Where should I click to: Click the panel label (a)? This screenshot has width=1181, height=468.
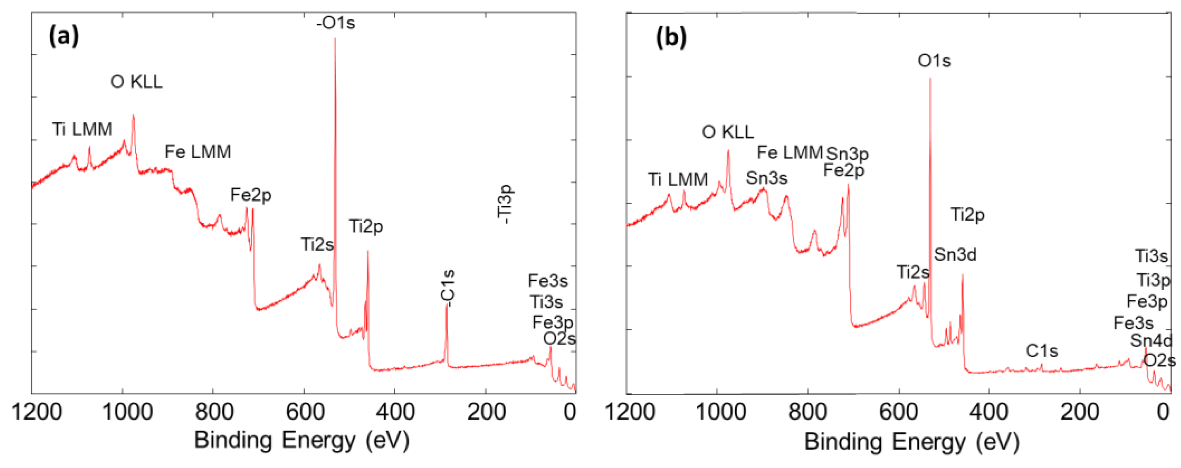coord(63,35)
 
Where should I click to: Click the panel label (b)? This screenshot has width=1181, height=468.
coord(671,37)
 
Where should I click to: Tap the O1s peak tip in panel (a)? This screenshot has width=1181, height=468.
coord(335,38)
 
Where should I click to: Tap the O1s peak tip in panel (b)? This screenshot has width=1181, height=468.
coord(930,79)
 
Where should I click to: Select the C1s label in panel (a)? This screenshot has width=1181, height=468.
coord(449,288)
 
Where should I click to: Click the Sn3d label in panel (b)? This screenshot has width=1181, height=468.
coord(955,254)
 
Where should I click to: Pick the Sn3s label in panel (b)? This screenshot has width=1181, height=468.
coord(766,178)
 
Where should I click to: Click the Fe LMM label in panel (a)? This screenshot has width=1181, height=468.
coord(198,152)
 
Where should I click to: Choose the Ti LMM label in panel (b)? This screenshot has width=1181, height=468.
coord(678,179)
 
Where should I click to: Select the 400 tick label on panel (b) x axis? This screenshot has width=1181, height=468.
coord(989,411)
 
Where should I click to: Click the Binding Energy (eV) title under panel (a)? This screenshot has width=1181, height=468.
coord(301,440)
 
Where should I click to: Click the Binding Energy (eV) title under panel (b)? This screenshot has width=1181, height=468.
coord(912,442)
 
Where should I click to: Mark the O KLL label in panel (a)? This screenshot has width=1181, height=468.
coord(136,82)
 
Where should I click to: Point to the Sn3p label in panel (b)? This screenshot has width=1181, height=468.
coord(847,154)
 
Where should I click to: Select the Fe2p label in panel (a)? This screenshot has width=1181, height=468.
coord(250,195)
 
